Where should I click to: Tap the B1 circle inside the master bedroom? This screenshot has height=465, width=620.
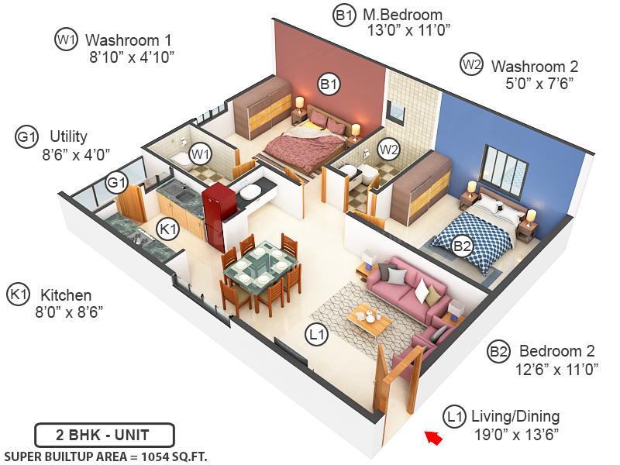pos(329,83)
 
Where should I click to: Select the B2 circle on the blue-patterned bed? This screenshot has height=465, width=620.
pos(462,246)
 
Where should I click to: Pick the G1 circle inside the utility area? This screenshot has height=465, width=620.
pos(117,183)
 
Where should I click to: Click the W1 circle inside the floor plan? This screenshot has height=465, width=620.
pos(201,154)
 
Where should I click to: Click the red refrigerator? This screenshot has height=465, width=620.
pos(213,212)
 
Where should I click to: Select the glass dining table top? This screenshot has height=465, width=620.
pos(260,268)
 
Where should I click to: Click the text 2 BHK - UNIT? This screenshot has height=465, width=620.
pos(105,435)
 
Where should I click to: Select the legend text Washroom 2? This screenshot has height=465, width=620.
pos(535,67)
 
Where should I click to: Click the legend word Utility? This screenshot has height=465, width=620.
pos(68,137)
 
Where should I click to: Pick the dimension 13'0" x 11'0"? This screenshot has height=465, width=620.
pos(409,31)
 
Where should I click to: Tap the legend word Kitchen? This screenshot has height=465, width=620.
pos(66,295)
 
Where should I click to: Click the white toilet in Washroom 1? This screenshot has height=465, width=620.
pos(180,160)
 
